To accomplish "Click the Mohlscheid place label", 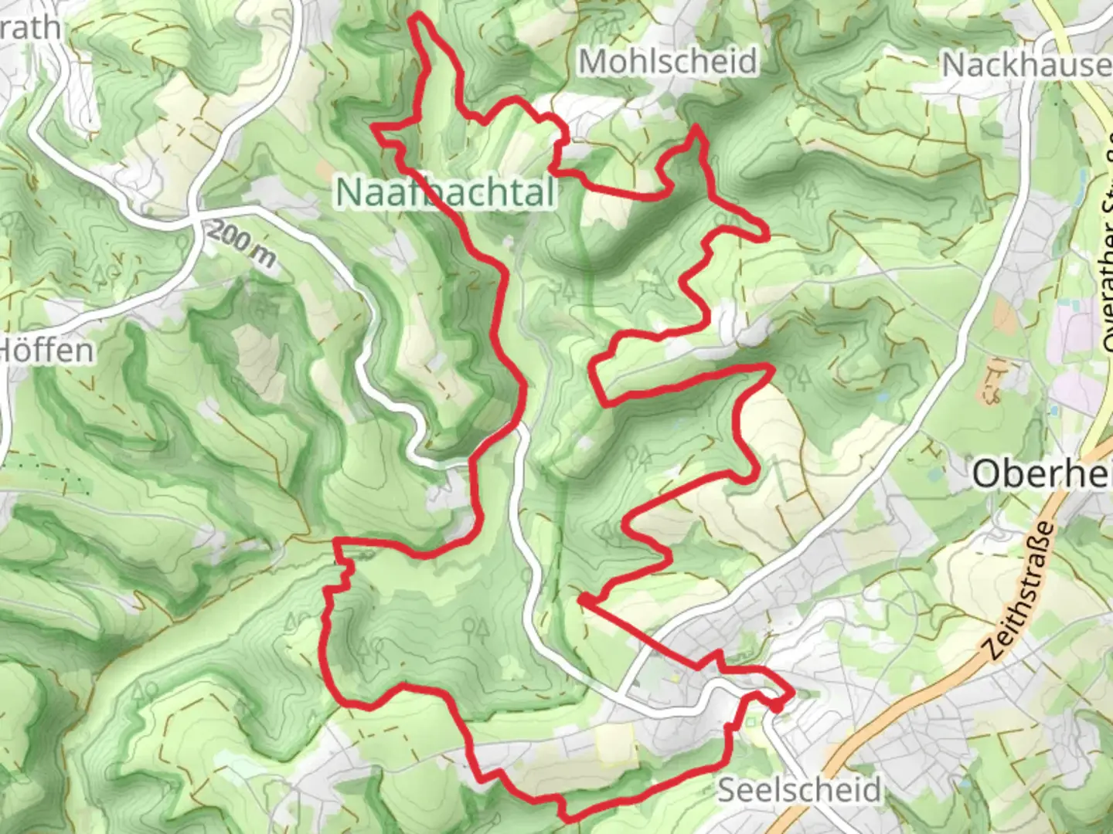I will [668, 61].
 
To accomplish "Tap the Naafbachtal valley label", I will [446, 192].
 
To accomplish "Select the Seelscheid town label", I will [799, 789].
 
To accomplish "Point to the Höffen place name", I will [46, 350].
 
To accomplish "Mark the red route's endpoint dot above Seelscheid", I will [776, 705].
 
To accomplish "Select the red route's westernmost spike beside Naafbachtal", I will [375, 125].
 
